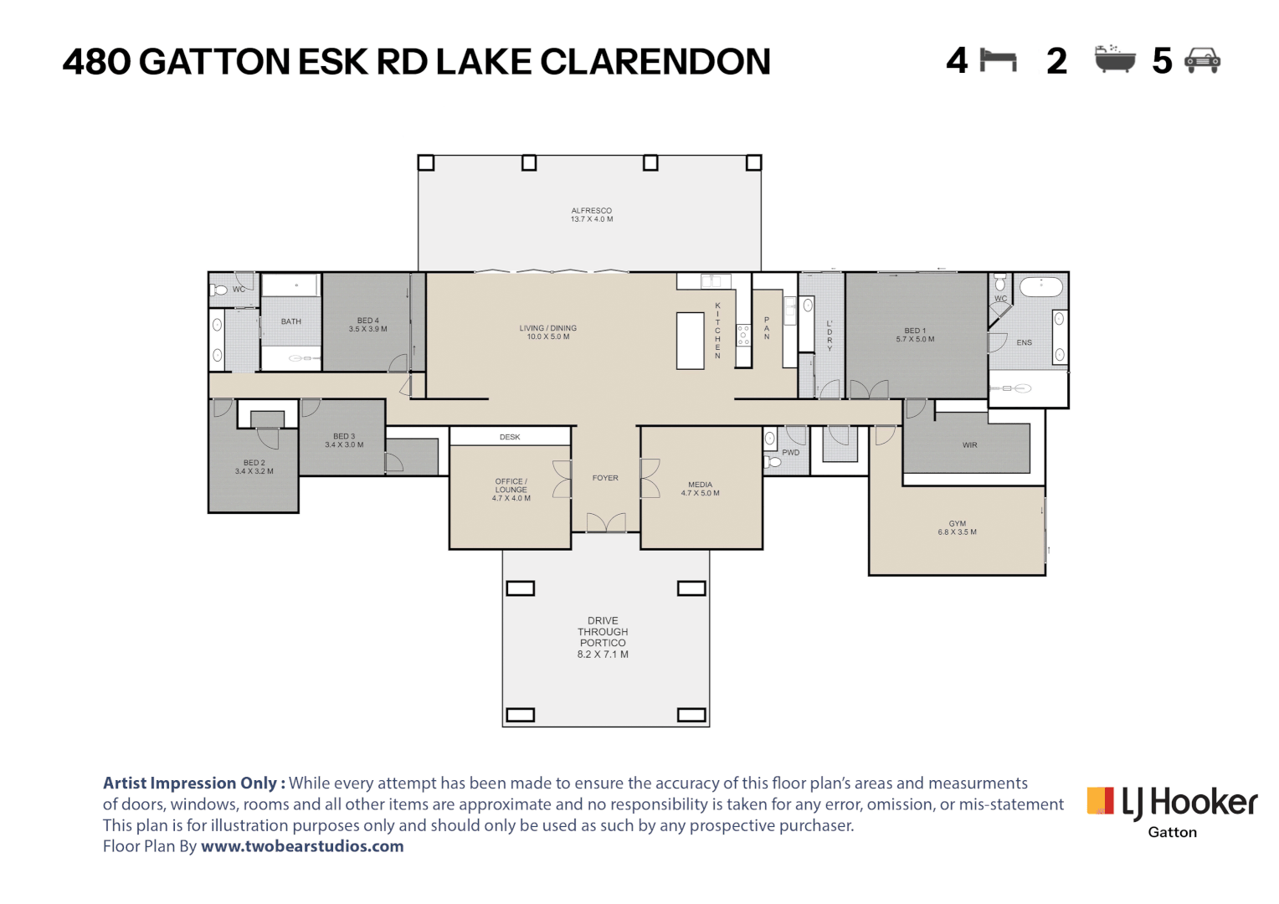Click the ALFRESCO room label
[x=592, y=215]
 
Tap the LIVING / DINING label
[x=548, y=332]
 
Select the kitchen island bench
[x=691, y=341]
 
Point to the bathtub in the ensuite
[x=1040, y=287]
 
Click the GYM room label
[x=957, y=527]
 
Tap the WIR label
[x=969, y=445]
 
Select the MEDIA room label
[x=700, y=489]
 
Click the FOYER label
[x=605, y=478]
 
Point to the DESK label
[x=510, y=437]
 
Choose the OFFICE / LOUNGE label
[x=511, y=490]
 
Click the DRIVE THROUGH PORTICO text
[x=603, y=638]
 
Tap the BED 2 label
[x=254, y=467]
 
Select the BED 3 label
[x=344, y=440]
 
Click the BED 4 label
[x=367, y=325]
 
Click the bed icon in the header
[x=998, y=60]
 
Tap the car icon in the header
[x=1203, y=60]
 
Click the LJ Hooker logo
[x=1172, y=804]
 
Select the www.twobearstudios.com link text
[x=302, y=846]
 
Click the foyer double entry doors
[x=606, y=523]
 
